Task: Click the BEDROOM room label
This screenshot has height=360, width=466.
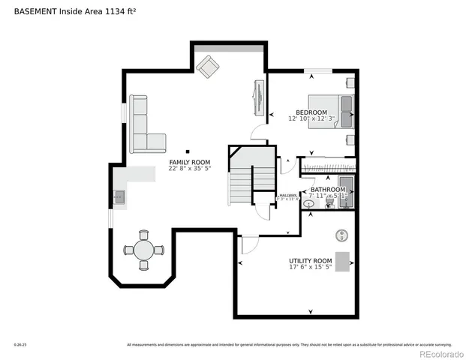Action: click(x=311, y=112)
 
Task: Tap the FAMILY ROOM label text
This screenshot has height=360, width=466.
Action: click(x=189, y=162)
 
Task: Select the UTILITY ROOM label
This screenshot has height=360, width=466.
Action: click(x=310, y=261)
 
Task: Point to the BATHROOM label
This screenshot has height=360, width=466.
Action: click(x=328, y=190)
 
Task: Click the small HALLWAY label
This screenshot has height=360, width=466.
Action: click(x=289, y=195)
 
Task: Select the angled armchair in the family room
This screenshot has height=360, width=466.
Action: click(x=207, y=67)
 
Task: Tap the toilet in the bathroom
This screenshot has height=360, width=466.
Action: click(x=329, y=203)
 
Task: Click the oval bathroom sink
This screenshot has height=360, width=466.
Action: click(x=308, y=203)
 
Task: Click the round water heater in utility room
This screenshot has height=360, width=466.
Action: click(x=342, y=235)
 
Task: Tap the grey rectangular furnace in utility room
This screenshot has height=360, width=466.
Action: click(x=343, y=261)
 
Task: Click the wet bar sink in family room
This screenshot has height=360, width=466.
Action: click(x=119, y=198)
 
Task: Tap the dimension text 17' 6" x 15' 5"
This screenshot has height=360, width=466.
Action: click(x=310, y=268)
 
